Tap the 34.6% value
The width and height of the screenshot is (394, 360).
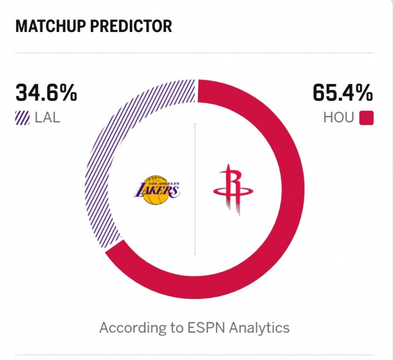46,94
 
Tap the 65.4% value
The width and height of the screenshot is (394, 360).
343,94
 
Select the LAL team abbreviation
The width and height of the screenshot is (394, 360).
47,117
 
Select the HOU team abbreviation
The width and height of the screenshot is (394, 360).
339,117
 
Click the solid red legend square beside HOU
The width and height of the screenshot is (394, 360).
366,118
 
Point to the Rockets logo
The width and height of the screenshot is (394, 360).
233,190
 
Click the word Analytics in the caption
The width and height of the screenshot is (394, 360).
260,328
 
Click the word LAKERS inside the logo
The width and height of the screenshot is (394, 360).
157,190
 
